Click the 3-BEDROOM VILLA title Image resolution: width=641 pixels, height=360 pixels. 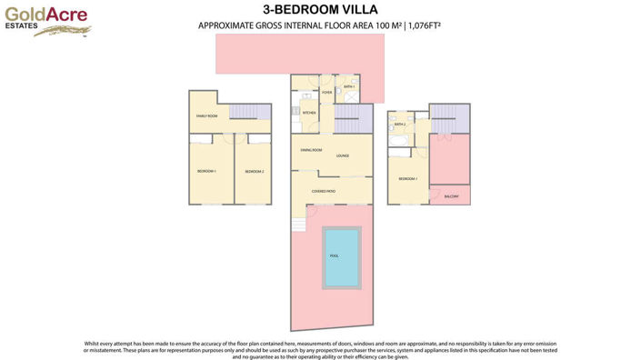(x=320, y=11)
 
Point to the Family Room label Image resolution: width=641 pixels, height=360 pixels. (x=207, y=116)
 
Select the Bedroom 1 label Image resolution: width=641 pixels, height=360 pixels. (x=206, y=171)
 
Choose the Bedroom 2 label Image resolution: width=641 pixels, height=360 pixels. (x=254, y=171)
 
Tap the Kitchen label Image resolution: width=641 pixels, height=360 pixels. (x=309, y=113)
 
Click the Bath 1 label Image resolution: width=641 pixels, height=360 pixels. (x=347, y=87)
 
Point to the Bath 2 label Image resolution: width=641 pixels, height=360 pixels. (x=399, y=125)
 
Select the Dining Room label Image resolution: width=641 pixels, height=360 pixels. (x=311, y=149)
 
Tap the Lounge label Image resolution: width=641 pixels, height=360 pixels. (x=343, y=155)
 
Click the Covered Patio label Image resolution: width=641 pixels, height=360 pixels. (x=324, y=191)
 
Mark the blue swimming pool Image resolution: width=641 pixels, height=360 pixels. (x=335, y=255)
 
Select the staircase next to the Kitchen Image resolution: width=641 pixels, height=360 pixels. (x=353, y=119)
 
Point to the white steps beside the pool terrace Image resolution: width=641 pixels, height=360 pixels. (x=295, y=224)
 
